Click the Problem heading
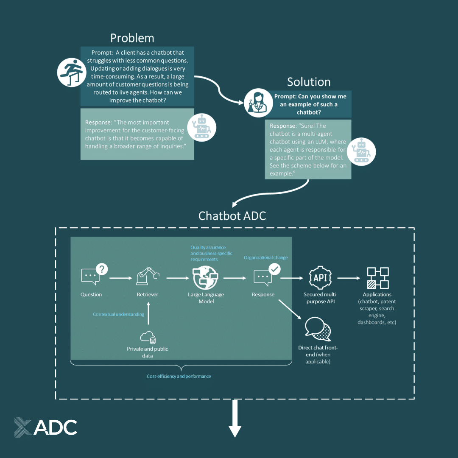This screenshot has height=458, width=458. [x=132, y=38]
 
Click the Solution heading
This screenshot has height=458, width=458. [x=308, y=82]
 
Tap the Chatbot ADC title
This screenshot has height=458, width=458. [x=232, y=215]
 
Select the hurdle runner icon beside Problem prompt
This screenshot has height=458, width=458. [x=69, y=73]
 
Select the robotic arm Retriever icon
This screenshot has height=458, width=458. [x=147, y=276]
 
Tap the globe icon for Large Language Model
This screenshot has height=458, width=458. [x=205, y=278]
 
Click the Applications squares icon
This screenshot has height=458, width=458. [x=377, y=278]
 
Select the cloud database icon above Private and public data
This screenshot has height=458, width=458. [x=148, y=337]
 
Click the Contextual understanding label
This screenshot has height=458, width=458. [x=118, y=314]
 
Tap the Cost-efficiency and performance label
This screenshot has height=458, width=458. [x=179, y=376]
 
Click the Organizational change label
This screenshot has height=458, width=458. [x=265, y=257]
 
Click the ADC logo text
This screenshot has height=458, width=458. [x=55, y=427]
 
